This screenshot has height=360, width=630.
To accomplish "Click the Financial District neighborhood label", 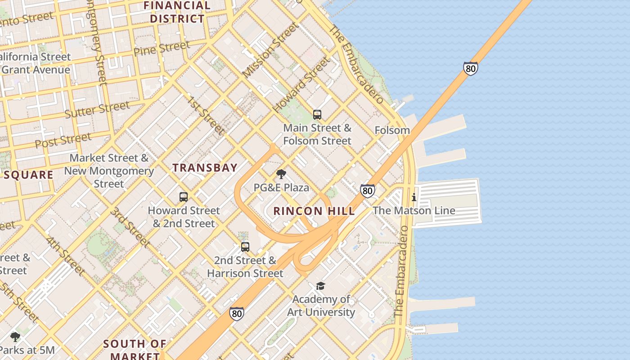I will [177, 12].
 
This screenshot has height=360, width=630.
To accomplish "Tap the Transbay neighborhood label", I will [205, 168].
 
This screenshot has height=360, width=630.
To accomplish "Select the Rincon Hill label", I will [314, 211].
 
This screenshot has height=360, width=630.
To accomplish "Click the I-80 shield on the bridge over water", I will [470, 68].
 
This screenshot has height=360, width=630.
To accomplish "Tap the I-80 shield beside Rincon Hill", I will [367, 190].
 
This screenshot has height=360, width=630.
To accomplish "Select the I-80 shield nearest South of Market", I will [237, 313].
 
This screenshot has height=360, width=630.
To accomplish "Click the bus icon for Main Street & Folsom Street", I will [317, 115].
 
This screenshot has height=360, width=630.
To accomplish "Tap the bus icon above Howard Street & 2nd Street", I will [184, 197].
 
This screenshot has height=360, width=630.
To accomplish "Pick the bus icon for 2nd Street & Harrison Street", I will [245, 247].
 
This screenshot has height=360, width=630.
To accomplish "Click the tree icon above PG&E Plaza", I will [281, 174].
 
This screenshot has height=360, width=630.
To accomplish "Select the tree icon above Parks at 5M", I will [15, 337].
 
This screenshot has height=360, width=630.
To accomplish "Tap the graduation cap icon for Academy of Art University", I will [320, 286].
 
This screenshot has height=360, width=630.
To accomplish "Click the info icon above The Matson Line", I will [414, 197].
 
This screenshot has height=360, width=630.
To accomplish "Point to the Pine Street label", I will [162, 48].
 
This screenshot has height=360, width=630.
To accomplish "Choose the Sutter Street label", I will [97, 109].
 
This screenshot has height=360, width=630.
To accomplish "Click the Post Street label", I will [63, 140].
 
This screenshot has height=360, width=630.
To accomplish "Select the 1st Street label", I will [206, 115].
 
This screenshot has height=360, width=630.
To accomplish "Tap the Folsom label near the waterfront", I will [392, 130].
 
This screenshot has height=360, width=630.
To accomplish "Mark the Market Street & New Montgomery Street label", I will [109, 171].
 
